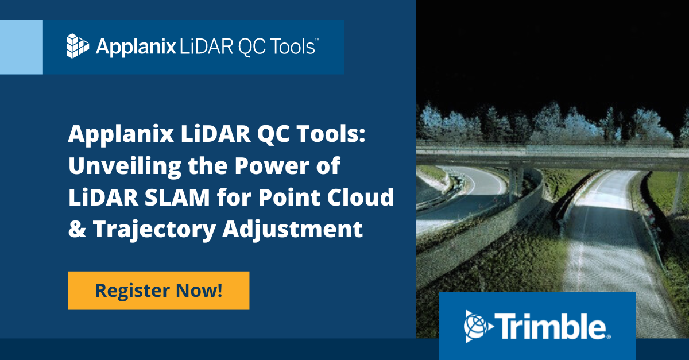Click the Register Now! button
point(158,291)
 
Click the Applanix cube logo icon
point(78,47)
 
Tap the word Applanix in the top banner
point(135,47)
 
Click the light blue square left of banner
point(21,47)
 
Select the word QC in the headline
point(244,136)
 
